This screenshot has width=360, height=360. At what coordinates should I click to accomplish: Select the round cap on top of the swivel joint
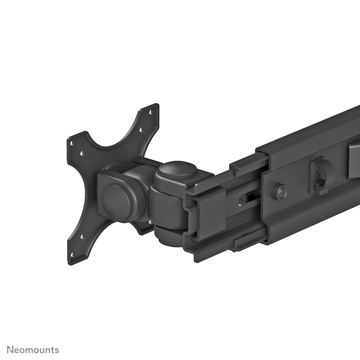pyautogui.click(x=177, y=172)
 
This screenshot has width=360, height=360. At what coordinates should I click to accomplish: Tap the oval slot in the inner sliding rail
pyautogui.click(x=247, y=198)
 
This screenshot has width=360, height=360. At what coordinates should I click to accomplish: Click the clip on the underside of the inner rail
pyautogui.click(x=247, y=244)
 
